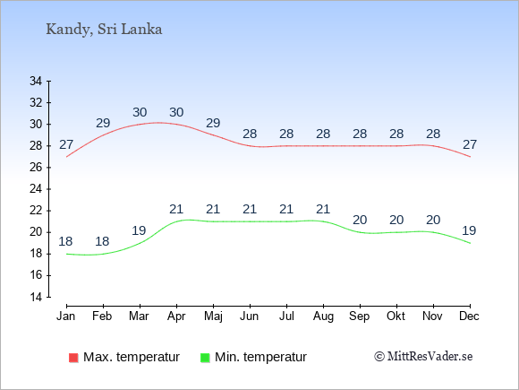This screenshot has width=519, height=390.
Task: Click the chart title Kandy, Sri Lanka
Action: (104, 30)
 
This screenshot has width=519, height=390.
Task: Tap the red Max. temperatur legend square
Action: (73, 358)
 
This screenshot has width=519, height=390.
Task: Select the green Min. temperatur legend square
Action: (205, 358)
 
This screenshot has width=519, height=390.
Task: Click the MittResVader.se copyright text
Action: (423, 357)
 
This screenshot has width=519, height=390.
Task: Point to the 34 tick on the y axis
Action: (36, 81)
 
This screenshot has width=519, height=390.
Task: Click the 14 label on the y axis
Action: (36, 297)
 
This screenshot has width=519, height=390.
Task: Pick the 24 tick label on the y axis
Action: (36, 189)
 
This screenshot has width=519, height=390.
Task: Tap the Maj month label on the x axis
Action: (213, 316)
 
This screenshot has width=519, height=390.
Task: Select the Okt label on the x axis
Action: (396, 316)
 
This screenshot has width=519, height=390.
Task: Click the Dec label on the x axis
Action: (470, 316)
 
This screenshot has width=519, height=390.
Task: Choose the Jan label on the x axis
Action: (66, 316)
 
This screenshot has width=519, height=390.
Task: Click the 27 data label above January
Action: (66, 144)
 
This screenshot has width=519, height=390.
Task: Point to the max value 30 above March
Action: (140, 112)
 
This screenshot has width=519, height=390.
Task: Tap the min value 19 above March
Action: (139, 230)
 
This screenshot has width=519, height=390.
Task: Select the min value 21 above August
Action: (323, 209)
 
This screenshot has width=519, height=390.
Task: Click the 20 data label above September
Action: (360, 220)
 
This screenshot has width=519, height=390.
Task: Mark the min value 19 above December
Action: (469, 230)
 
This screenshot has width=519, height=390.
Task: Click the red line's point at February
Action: (103, 135)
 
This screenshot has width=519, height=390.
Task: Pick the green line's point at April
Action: (176, 221)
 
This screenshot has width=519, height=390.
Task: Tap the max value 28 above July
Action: (286, 134)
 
